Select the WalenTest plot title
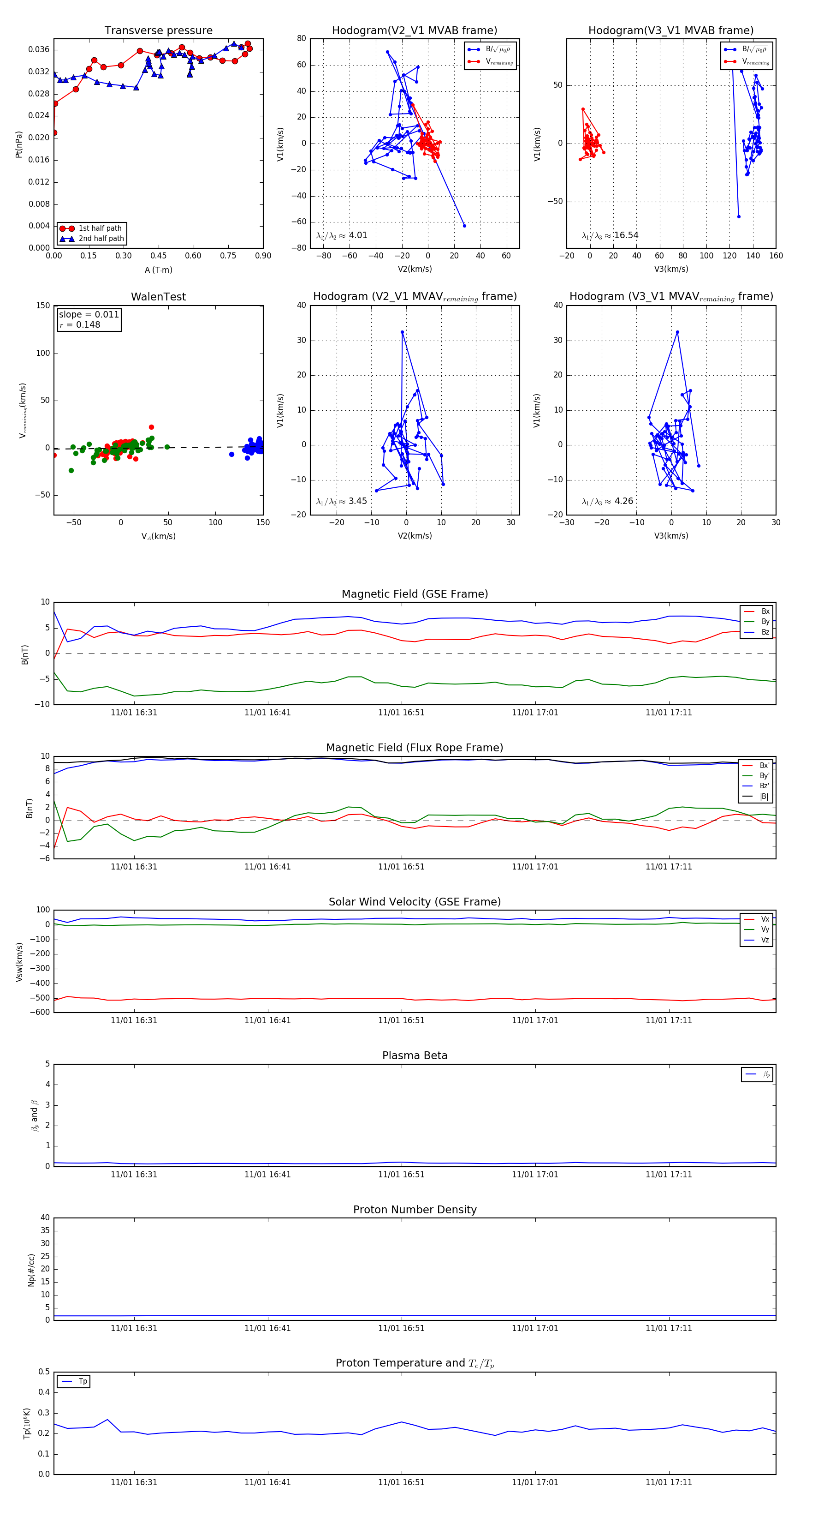tap(158, 297)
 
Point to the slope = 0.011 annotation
tap(89, 315)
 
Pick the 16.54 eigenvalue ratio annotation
tap(626, 235)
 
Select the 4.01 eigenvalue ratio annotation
tap(358, 235)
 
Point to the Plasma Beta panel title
tap(415, 1056)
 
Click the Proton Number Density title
tap(415, 1210)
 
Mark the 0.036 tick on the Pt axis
tap(39, 50)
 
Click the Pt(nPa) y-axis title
tap(19, 144)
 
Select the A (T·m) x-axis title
tap(158, 270)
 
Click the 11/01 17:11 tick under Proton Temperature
tap(669, 1482)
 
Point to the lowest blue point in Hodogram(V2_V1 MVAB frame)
tap(464, 226)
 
